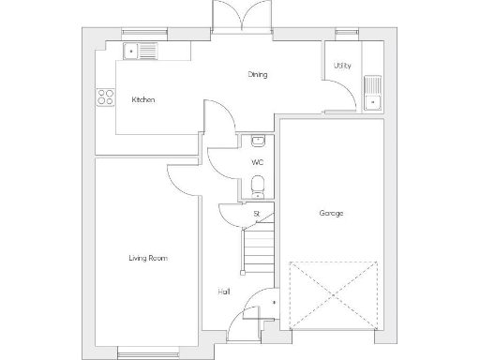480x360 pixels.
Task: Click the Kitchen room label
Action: (142, 99)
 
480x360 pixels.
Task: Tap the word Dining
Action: (258, 74)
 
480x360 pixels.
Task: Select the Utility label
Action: (341, 66)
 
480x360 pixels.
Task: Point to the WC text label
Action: (257, 162)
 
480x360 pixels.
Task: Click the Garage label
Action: (331, 214)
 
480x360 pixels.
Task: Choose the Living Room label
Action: (148, 258)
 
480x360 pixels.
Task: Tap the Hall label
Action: (224, 292)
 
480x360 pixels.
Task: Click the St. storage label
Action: (256, 214)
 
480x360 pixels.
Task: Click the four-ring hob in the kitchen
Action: (105, 97)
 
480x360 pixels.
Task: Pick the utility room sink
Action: (372, 93)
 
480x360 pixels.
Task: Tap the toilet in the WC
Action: (259, 187)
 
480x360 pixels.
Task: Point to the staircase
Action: (256, 249)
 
